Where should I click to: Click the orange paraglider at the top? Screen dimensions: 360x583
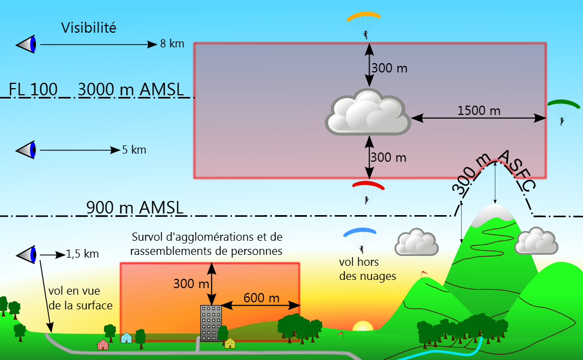pyautogui.click(x=364, y=16)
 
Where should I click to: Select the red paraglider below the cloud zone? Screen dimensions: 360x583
pyautogui.click(x=368, y=185)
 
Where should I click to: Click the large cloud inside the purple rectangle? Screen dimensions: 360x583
pyautogui.click(x=368, y=113)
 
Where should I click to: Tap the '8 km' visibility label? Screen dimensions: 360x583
pyautogui.click(x=172, y=44)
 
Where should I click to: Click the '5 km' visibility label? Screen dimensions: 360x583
pyautogui.click(x=134, y=150)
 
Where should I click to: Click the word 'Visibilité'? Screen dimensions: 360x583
pyautogui.click(x=89, y=28)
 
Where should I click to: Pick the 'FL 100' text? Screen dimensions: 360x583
pyautogui.click(x=33, y=89)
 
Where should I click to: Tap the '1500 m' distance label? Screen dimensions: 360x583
pyautogui.click(x=479, y=111)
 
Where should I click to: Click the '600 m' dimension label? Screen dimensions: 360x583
pyautogui.click(x=261, y=298)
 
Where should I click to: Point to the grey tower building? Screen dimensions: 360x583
pyautogui.click(x=211, y=322)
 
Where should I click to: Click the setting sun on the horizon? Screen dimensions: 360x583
pyautogui.click(x=362, y=327)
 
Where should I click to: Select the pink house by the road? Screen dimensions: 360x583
pyautogui.click(x=102, y=344)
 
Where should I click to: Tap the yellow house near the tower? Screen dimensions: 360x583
pyautogui.click(x=230, y=343)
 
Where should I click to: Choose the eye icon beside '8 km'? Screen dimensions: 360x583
pyautogui.click(x=27, y=44)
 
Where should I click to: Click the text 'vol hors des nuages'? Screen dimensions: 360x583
pyautogui.click(x=367, y=269)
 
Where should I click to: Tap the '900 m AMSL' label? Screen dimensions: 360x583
pyautogui.click(x=134, y=208)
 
